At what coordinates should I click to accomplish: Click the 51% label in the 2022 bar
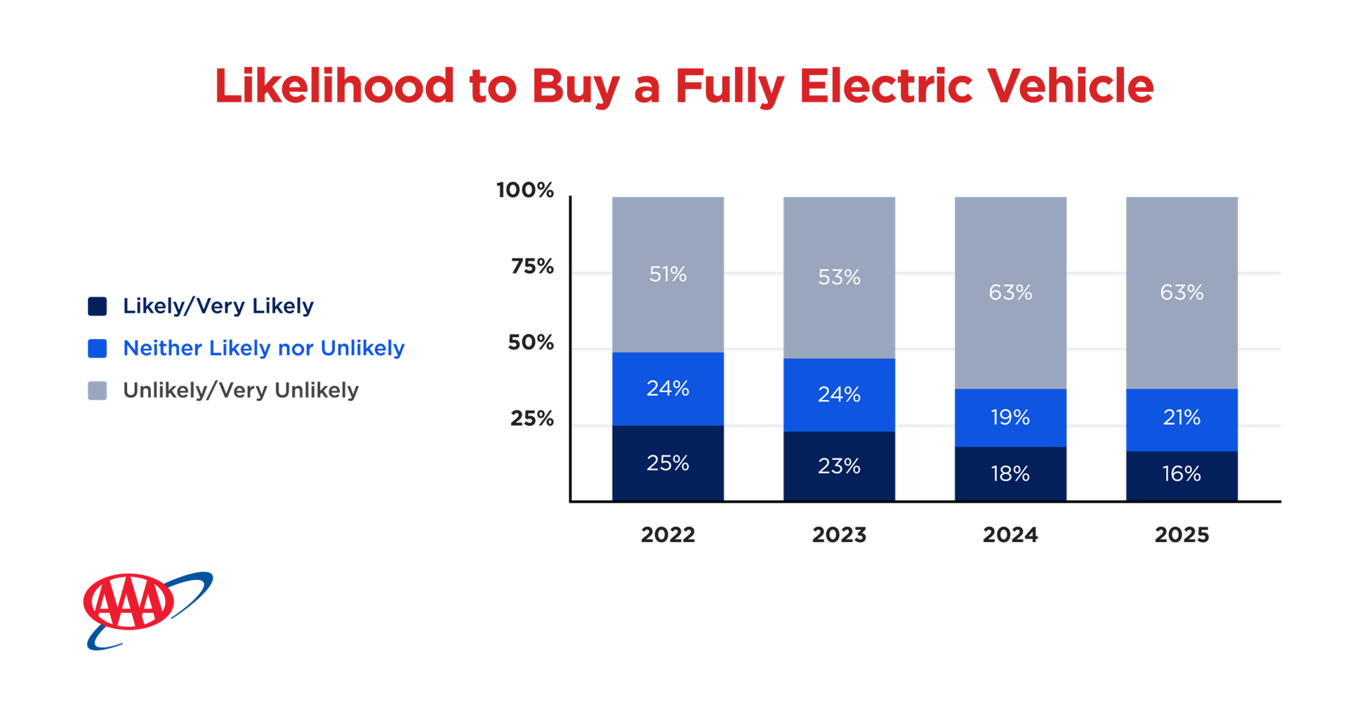pyautogui.click(x=668, y=274)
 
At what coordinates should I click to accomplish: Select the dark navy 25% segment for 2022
pyautogui.click(x=668, y=463)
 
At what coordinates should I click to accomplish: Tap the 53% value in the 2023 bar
pyautogui.click(x=839, y=277)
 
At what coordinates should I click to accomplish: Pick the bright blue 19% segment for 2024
pyautogui.click(x=1010, y=418)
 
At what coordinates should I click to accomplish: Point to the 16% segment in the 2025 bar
pyautogui.click(x=1182, y=475)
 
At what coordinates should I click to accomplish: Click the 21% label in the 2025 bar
pyautogui.click(x=1182, y=418)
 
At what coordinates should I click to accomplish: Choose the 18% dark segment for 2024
pyautogui.click(x=1010, y=474)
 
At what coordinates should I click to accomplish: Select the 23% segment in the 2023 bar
pyautogui.click(x=839, y=466)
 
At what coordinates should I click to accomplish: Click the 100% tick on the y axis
pyautogui.click(x=525, y=190)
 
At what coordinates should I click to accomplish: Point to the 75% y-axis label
pyautogui.click(x=532, y=267)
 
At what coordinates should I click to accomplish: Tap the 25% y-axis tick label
pyautogui.click(x=532, y=419)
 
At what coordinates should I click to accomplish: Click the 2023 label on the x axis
pyautogui.click(x=839, y=535)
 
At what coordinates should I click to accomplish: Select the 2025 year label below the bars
pyautogui.click(x=1182, y=535)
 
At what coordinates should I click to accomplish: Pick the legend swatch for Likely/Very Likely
pyautogui.click(x=98, y=306)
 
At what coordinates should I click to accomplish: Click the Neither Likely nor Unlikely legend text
pyautogui.click(x=264, y=348)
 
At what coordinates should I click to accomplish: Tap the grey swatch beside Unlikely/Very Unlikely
pyautogui.click(x=98, y=390)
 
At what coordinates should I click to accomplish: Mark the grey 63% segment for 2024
pyautogui.click(x=1010, y=293)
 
